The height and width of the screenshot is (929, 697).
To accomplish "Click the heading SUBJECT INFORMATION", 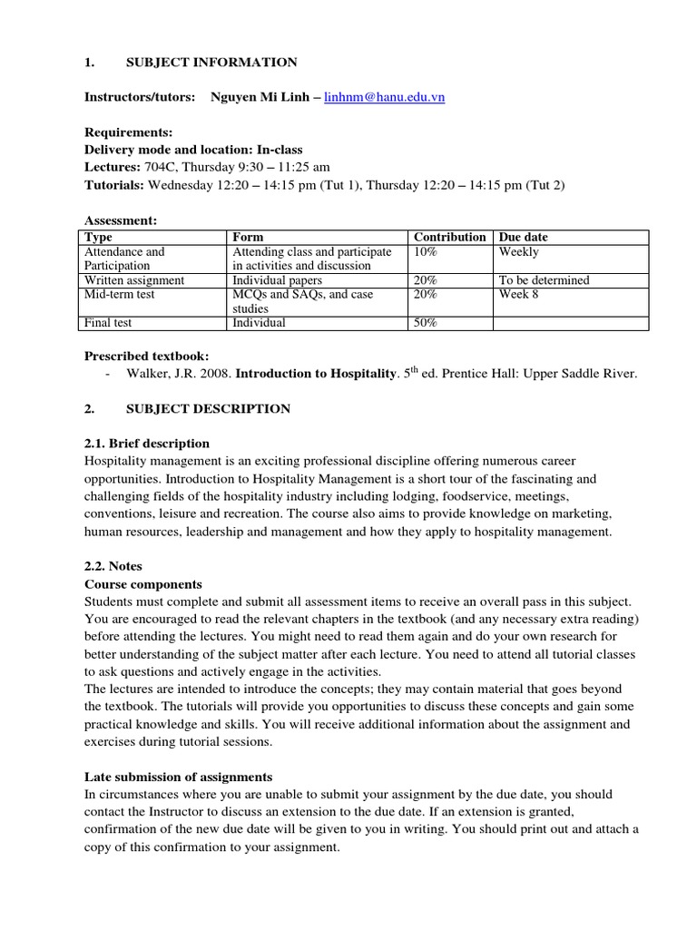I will [x=211, y=63].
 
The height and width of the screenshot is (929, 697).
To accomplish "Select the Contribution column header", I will [x=449, y=237].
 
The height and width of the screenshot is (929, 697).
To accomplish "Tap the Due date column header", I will [x=523, y=237].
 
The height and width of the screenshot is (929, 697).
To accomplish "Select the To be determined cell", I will [x=544, y=280].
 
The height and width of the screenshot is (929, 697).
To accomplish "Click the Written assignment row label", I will [x=133, y=280].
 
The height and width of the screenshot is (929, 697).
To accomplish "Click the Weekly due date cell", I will [x=518, y=251].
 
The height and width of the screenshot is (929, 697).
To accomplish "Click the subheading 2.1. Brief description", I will [x=146, y=444].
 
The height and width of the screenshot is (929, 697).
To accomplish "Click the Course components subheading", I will [x=142, y=584].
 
